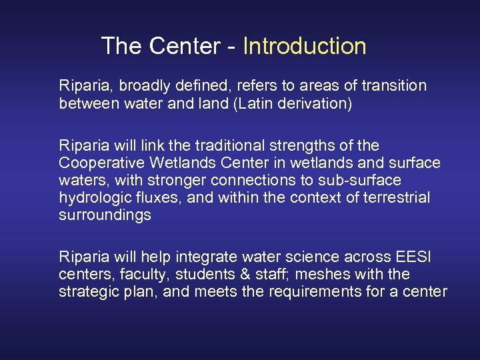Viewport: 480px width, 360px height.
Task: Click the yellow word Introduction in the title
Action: tap(305, 46)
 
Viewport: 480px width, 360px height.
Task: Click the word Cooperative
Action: tap(99, 163)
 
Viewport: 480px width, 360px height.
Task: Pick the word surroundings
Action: tap(105, 215)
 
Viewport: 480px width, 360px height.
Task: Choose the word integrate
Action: tap(198, 257)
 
